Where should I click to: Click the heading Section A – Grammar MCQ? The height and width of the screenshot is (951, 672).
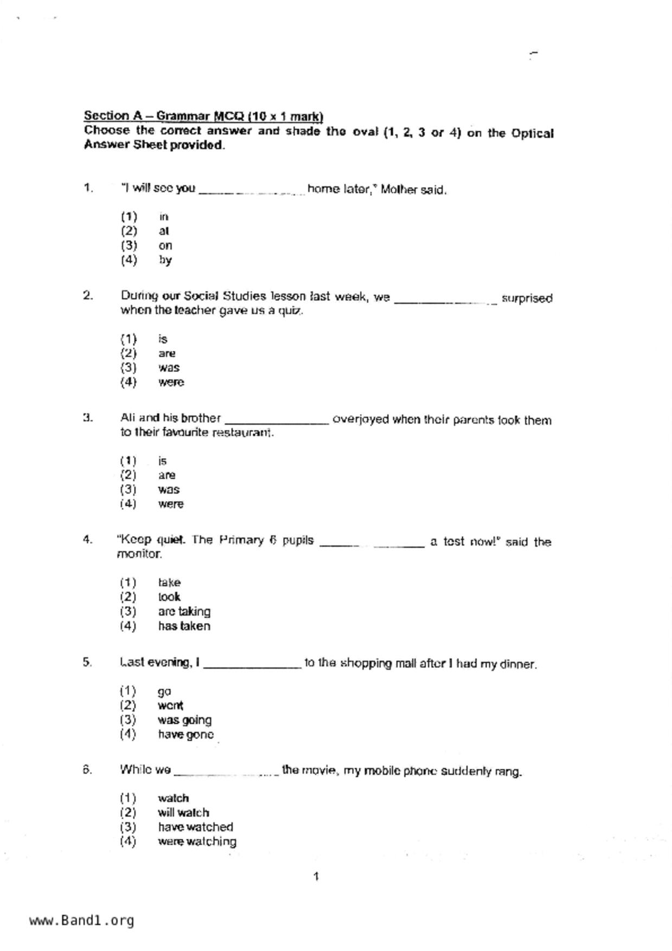click(x=203, y=116)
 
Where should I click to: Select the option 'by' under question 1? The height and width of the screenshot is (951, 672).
click(x=165, y=260)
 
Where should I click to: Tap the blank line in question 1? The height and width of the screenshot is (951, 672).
click(x=252, y=191)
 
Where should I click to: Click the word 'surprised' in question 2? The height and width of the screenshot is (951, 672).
click(x=527, y=298)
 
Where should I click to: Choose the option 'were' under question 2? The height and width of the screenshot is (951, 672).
click(x=171, y=382)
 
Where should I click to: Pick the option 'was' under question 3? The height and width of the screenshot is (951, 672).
click(x=169, y=490)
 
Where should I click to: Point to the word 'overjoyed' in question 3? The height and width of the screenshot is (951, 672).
click(x=361, y=420)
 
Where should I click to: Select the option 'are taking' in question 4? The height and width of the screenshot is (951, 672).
click(x=184, y=612)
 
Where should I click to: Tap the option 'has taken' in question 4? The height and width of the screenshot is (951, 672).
click(x=184, y=626)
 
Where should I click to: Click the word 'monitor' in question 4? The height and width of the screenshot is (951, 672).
click(x=139, y=554)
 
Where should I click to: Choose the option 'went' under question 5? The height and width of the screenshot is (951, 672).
click(x=170, y=705)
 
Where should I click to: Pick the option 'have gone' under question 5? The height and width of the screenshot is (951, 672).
click(x=185, y=735)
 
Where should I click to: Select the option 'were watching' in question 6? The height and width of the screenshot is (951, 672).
click(x=197, y=841)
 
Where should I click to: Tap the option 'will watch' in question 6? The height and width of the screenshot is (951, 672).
click(x=183, y=813)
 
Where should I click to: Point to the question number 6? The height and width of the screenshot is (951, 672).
click(x=87, y=769)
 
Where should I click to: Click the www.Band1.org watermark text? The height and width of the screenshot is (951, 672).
click(x=81, y=921)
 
